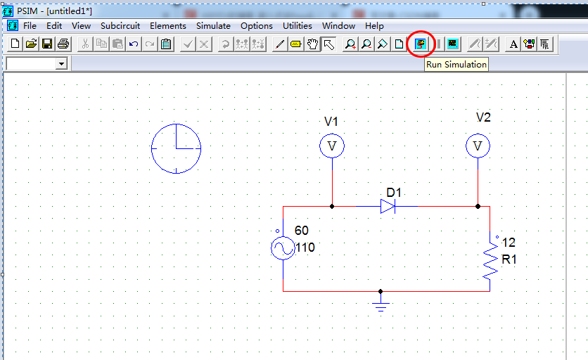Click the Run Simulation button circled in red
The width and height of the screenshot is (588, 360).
[x=421, y=44]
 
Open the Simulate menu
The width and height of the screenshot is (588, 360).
[x=213, y=26]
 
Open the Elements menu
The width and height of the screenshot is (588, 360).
[x=168, y=26]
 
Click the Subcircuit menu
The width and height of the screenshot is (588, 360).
[x=120, y=26]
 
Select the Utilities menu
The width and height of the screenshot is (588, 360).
[x=298, y=26]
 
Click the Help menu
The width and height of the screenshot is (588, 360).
[x=374, y=26]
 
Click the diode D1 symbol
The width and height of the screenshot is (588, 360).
[x=388, y=206]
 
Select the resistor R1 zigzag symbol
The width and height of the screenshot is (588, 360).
[x=490, y=262]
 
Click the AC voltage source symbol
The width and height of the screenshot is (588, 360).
[x=283, y=248]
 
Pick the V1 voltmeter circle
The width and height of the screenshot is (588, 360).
[x=332, y=146]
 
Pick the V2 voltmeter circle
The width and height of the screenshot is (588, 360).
[x=478, y=146]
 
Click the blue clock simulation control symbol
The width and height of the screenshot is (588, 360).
[x=176, y=148]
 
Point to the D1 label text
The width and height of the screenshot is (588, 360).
[x=394, y=193]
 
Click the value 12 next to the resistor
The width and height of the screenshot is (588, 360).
[x=509, y=243]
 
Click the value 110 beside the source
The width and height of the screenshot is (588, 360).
[x=305, y=247]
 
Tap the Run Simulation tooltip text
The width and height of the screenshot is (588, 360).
[x=456, y=65]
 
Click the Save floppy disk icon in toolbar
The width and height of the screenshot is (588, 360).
[x=47, y=44]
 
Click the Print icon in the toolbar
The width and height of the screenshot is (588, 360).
[x=63, y=44]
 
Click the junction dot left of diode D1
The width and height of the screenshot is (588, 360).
[x=332, y=207]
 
